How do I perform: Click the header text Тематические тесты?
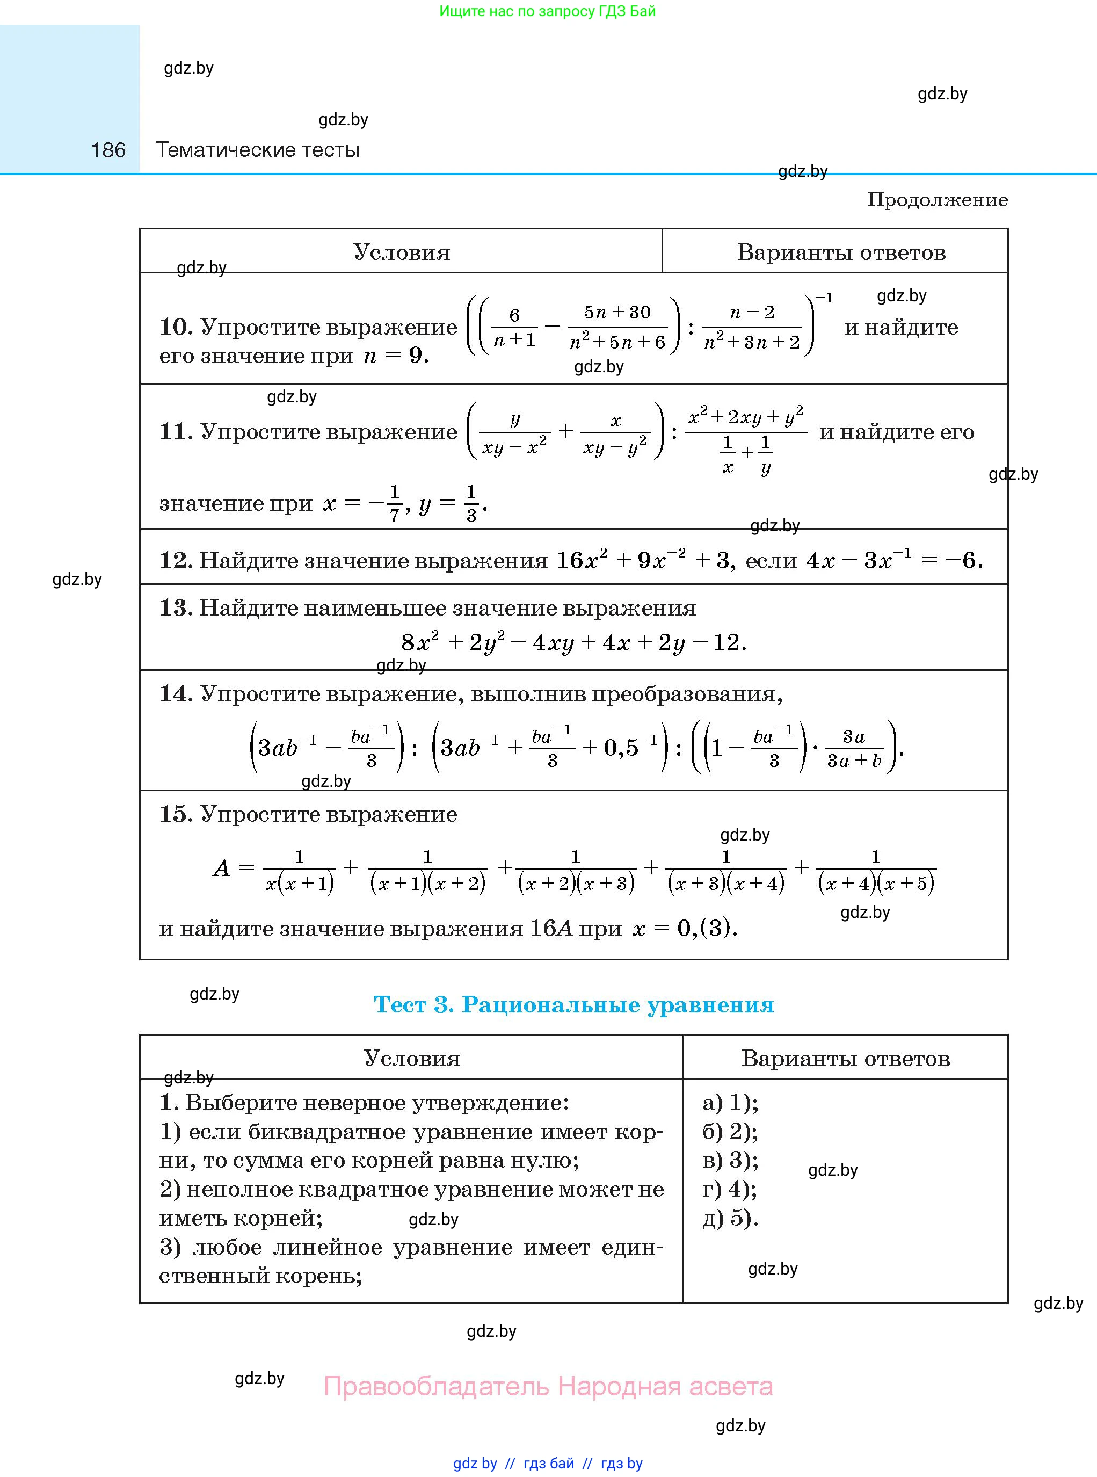tap(258, 150)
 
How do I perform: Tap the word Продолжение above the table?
tap(937, 200)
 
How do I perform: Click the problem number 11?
tap(175, 432)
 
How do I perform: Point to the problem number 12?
tap(175, 561)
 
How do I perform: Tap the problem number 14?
tap(175, 693)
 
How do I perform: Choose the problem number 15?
tap(175, 814)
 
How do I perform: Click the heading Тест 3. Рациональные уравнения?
tap(573, 1004)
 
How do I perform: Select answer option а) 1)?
tap(730, 1103)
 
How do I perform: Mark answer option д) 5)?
tap(730, 1218)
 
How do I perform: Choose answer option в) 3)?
tap(730, 1160)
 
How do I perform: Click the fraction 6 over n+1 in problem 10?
tap(514, 328)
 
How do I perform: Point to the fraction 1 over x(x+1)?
tap(300, 870)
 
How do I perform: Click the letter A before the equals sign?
tap(221, 868)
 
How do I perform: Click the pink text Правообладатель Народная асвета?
tap(548, 1387)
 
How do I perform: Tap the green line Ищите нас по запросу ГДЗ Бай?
tap(547, 11)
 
